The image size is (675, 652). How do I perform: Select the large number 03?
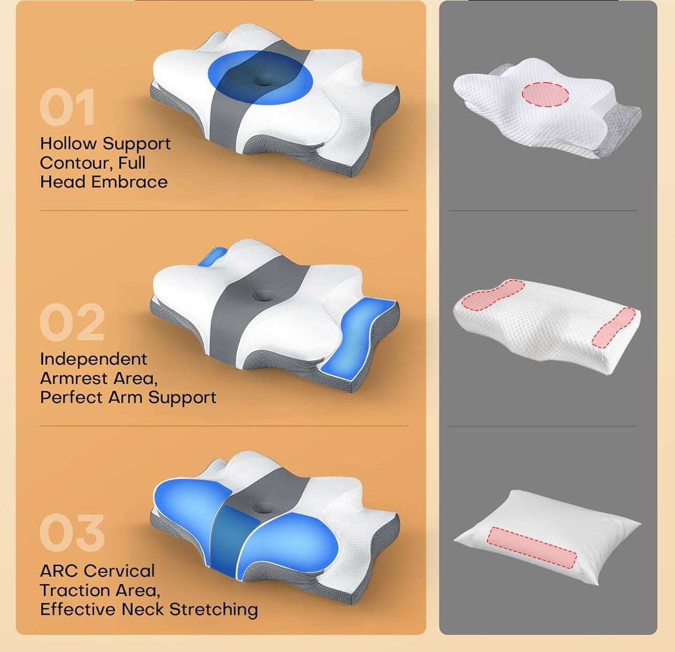click(x=72, y=532)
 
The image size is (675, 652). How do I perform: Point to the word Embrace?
click(x=129, y=182)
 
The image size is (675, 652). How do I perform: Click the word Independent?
click(x=94, y=359)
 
